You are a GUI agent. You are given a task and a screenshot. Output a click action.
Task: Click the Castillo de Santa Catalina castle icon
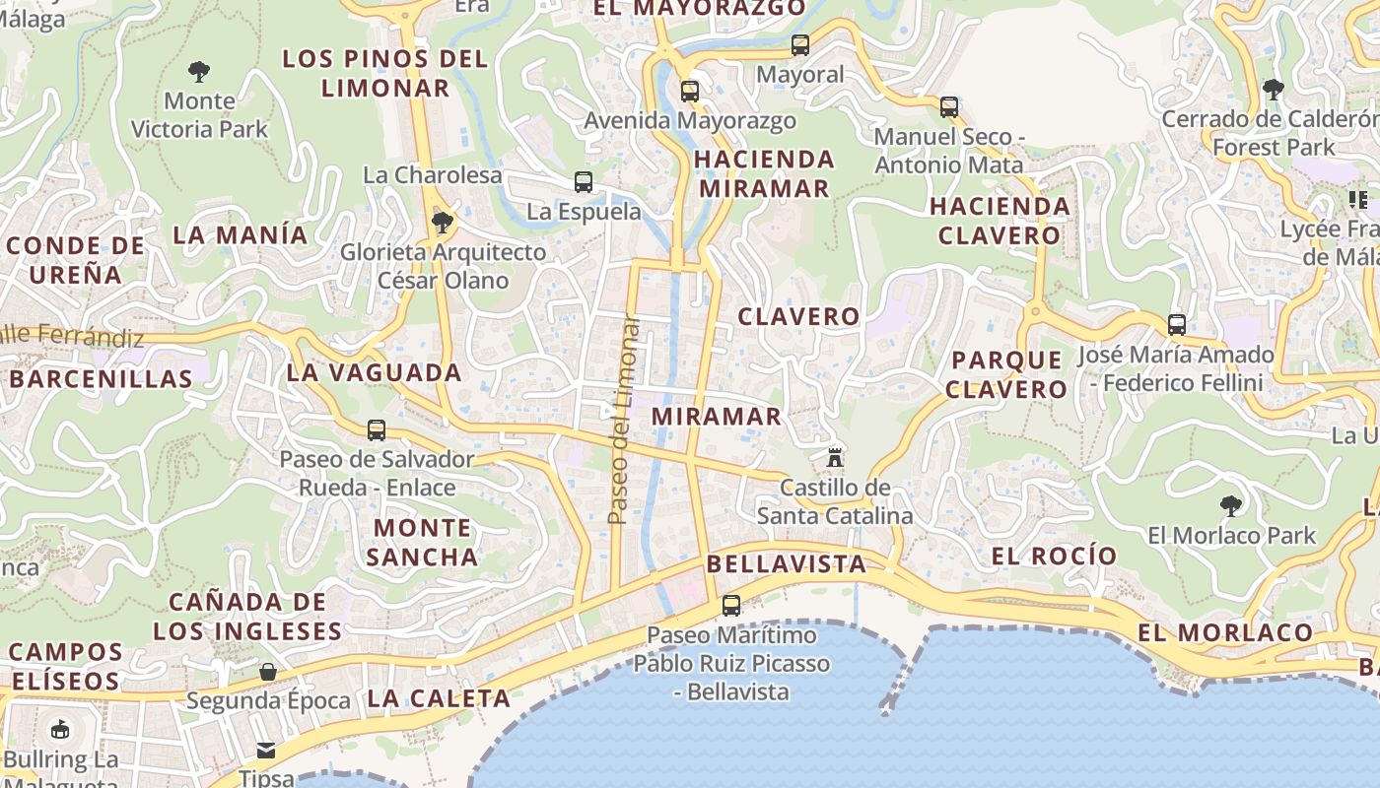(835, 457)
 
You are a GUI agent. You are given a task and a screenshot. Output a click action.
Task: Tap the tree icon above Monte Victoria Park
(199, 71)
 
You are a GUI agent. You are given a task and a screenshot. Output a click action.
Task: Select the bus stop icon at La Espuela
(584, 181)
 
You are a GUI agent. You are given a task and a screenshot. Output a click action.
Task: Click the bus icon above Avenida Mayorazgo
(690, 92)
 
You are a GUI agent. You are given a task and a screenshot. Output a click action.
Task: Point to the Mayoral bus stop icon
(800, 45)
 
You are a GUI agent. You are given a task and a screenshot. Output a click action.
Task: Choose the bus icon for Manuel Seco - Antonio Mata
(949, 106)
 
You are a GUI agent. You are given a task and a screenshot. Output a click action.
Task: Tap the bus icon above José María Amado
(1176, 324)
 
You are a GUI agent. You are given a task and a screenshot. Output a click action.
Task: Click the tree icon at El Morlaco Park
(1230, 506)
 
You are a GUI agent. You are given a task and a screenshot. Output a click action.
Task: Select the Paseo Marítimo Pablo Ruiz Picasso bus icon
(731, 606)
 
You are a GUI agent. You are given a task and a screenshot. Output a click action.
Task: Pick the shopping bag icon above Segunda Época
(268, 672)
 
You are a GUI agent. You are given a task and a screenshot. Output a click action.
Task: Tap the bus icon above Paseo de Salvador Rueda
(377, 429)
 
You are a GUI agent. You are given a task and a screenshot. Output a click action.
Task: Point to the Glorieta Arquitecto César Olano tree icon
(443, 223)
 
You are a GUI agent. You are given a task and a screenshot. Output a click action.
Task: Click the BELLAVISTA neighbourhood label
(786, 564)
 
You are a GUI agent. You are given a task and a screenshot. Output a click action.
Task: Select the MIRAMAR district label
(717, 416)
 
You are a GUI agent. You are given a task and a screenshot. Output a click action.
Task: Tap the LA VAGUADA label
(374, 372)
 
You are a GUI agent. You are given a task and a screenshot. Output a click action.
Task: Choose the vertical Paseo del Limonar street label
(619, 419)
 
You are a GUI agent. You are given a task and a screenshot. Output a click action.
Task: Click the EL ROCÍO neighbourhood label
(1054, 556)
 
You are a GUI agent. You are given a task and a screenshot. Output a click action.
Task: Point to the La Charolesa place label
(433, 175)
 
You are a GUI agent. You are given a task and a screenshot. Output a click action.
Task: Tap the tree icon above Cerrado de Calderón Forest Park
(1274, 89)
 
